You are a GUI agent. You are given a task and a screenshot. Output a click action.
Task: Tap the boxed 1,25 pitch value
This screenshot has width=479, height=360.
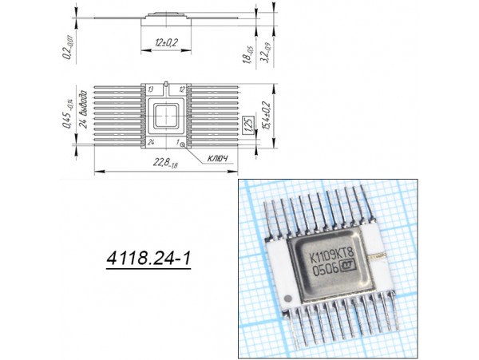(x=248, y=124)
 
